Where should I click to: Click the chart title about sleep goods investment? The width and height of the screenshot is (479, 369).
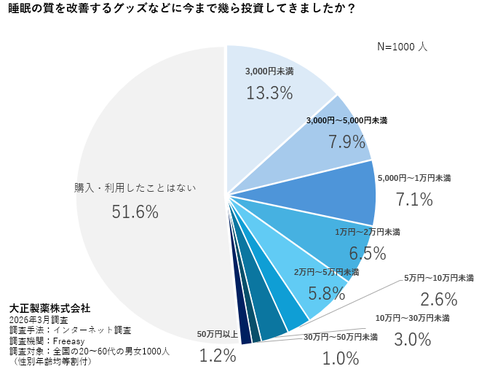pyautogui.click(x=181, y=10)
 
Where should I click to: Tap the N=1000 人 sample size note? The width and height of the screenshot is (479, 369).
pyautogui.click(x=402, y=46)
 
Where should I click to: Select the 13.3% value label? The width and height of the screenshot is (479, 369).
pyautogui.click(x=269, y=93)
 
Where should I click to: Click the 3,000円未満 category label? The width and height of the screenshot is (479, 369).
pyautogui.click(x=269, y=72)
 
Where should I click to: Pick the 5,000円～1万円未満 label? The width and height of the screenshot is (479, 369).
pyautogui.click(x=414, y=178)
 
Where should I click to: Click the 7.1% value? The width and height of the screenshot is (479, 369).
pyautogui.click(x=414, y=199)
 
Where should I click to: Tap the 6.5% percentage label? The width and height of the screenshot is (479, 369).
pyautogui.click(x=368, y=253)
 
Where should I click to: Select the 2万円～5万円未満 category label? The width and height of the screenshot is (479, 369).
pyautogui.click(x=328, y=272)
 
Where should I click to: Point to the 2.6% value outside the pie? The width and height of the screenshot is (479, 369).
pyautogui.click(x=439, y=299)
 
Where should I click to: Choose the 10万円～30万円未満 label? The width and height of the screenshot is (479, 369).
pyautogui.click(x=412, y=318)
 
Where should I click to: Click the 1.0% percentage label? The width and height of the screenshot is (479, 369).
pyautogui.click(x=341, y=358)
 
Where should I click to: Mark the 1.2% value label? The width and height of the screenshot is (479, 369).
pyautogui.click(x=218, y=356)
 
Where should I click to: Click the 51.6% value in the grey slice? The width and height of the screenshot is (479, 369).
pyautogui.click(x=135, y=211)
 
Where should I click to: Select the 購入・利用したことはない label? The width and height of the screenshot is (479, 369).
pyautogui.click(x=135, y=187)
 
